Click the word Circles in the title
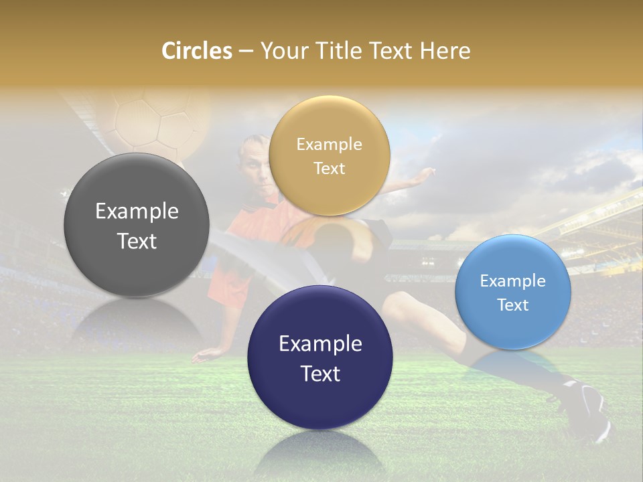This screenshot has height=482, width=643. click(x=196, y=51)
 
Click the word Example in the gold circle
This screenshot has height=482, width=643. click(x=329, y=144)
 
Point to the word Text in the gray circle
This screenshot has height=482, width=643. click(x=137, y=242)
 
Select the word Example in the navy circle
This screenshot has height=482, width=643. click(x=320, y=343)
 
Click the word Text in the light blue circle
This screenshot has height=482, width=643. click(x=513, y=305)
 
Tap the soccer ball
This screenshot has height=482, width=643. click(x=154, y=120)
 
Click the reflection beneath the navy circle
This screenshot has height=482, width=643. click(x=320, y=452)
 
